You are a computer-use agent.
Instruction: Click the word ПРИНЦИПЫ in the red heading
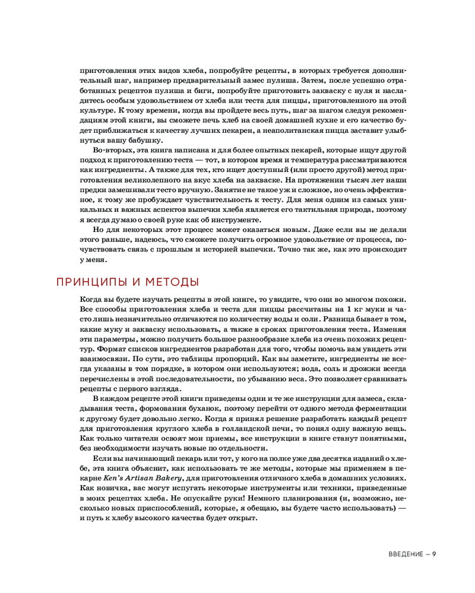point(91,281)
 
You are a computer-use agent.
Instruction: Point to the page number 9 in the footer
point(435,554)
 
